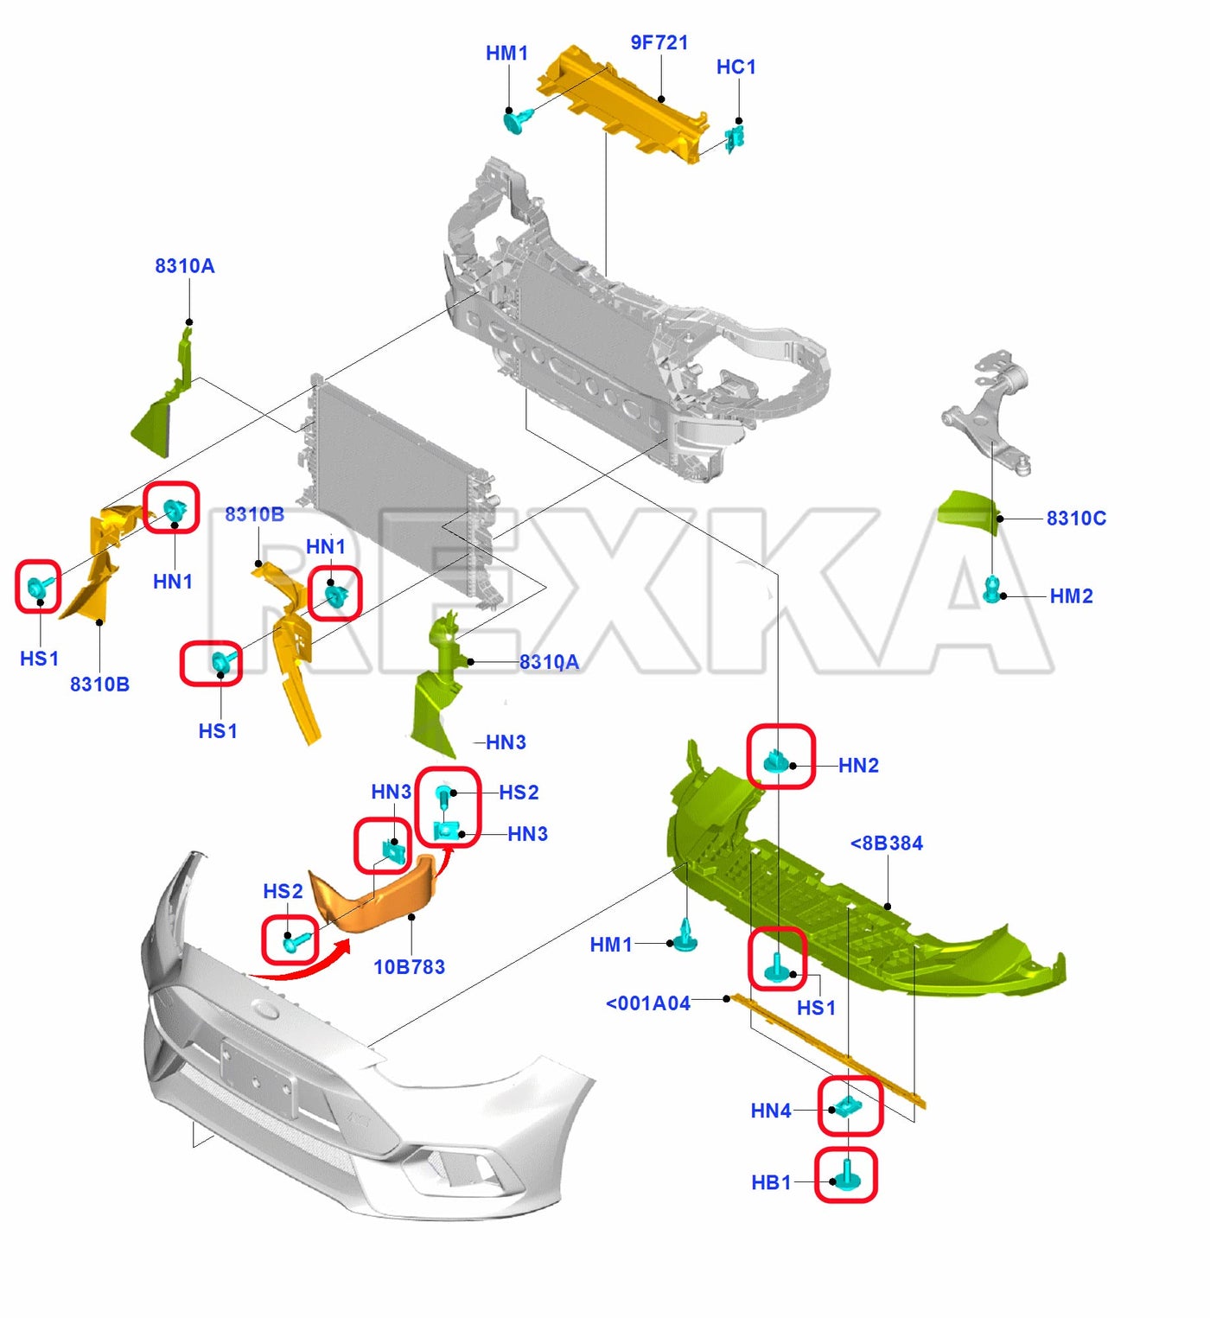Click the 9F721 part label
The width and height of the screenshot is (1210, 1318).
(x=659, y=42)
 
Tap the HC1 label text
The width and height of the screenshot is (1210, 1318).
(x=736, y=67)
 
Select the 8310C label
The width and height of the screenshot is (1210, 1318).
(x=1077, y=519)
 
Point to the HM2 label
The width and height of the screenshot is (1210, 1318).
(x=1072, y=596)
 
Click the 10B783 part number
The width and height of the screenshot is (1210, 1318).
(x=410, y=967)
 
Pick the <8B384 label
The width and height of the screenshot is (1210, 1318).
(x=887, y=843)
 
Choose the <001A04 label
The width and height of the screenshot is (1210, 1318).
(x=648, y=1003)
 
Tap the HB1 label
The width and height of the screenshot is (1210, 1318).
(x=772, y=1182)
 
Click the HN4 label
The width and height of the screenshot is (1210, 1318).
(x=771, y=1111)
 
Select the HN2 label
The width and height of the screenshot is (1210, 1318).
(x=858, y=766)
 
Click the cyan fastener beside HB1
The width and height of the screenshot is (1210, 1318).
(x=846, y=1176)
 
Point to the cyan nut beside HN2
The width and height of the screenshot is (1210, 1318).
(x=777, y=761)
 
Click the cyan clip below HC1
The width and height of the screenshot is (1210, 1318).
(x=735, y=138)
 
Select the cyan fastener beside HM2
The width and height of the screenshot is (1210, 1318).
(x=992, y=589)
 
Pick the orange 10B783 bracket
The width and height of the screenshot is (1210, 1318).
(x=373, y=893)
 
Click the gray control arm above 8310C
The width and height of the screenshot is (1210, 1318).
(x=986, y=411)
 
